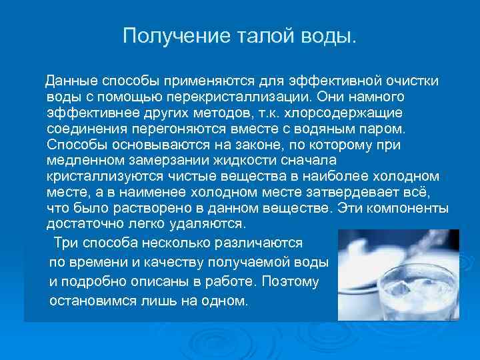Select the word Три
[65, 243]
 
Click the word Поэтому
[291, 281]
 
